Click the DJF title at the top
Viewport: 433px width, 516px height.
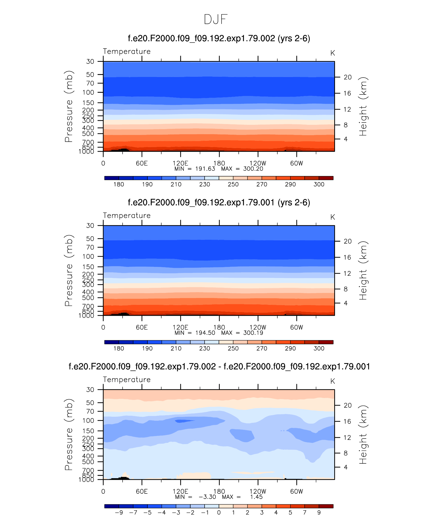(x=216, y=19)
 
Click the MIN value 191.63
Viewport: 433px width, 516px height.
(x=205, y=169)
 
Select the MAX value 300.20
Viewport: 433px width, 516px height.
(x=253, y=169)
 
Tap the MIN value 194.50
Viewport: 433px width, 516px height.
(x=205, y=333)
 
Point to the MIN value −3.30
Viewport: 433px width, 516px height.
(x=207, y=497)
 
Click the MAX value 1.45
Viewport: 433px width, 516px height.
(x=256, y=497)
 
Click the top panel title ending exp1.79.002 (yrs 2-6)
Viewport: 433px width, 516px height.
(x=219, y=38)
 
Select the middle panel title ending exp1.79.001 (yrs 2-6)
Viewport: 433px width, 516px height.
(x=219, y=203)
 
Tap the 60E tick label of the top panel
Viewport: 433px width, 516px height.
(x=142, y=163)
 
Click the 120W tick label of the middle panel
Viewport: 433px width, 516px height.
(x=258, y=327)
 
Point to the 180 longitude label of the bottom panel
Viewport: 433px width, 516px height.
(x=219, y=491)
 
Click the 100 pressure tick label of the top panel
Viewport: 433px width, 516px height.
(x=88, y=92)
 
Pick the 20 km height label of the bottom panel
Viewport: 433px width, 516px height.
(x=348, y=405)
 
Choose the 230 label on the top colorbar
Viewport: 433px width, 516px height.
(x=205, y=184)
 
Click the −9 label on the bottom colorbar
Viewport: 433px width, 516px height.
(x=119, y=512)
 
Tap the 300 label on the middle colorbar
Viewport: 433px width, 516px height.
(x=319, y=348)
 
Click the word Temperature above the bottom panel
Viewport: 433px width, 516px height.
(x=127, y=380)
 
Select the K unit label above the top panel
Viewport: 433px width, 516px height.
(x=332, y=53)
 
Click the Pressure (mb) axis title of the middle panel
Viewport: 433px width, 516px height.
(x=69, y=270)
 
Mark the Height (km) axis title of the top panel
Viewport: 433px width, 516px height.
(x=363, y=106)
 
